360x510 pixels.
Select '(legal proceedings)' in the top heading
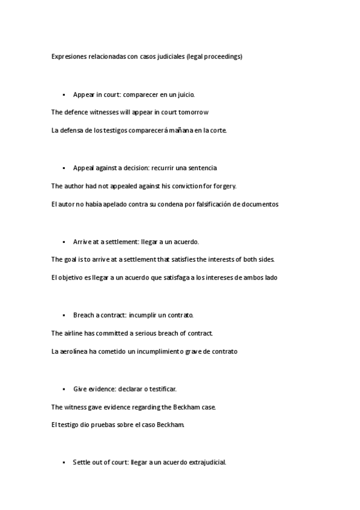(215, 57)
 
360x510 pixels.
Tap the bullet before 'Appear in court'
(63, 94)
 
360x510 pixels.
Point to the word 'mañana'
(171, 130)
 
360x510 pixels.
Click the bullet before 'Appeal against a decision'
(63, 168)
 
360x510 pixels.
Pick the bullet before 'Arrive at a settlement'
(63, 242)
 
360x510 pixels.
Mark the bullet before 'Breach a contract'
(63, 315)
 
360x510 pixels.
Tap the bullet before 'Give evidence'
(63, 389)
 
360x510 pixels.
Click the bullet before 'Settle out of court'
(63, 462)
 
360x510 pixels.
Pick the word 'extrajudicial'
(207, 462)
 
